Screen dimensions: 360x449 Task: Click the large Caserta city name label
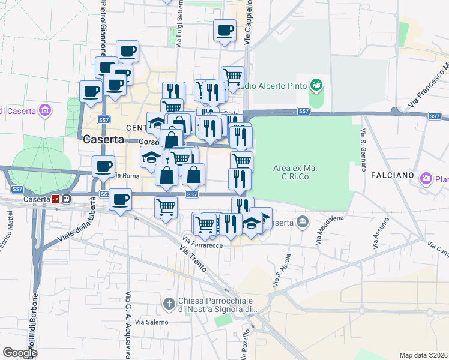tap(103, 139)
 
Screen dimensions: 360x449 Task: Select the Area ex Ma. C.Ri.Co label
tap(293, 171)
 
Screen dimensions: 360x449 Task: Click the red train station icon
tap(56, 199)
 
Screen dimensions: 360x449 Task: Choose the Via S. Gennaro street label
tap(364, 149)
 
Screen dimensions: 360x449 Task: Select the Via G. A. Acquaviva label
tap(128, 324)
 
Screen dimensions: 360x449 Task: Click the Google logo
tap(20, 353)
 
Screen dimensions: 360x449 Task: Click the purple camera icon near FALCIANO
tap(426, 178)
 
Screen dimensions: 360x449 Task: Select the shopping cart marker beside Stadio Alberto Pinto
tap(232, 77)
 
